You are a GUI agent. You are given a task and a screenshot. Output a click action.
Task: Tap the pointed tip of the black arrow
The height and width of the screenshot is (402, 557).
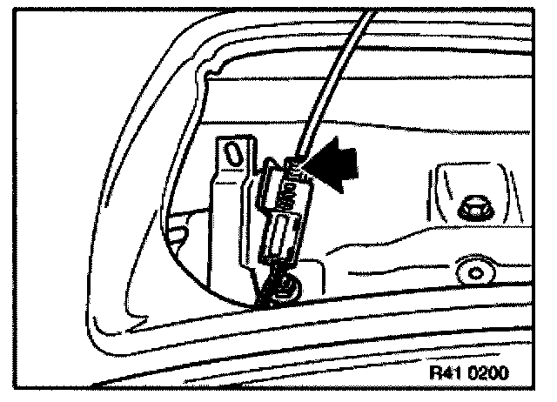(x=312, y=168)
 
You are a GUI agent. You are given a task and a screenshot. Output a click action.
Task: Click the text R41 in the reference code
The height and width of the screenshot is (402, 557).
(x=446, y=372)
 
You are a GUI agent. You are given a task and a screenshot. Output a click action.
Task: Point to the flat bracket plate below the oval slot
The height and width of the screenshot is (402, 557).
(x=228, y=218)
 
